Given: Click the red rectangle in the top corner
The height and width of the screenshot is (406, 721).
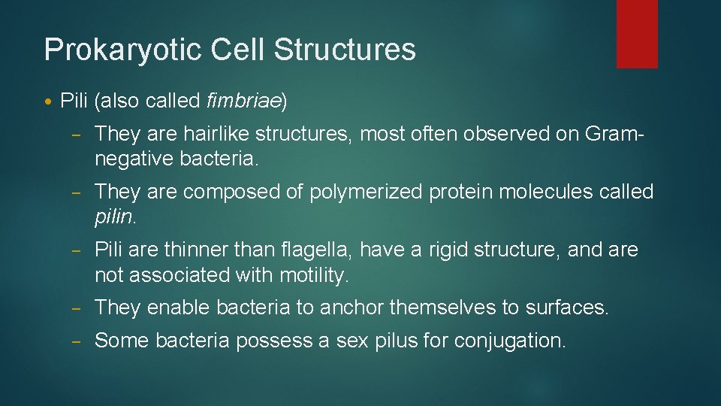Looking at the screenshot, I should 637,33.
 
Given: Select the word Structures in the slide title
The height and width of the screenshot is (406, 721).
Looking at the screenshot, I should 345,50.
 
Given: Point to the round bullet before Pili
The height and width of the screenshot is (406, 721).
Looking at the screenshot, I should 50,101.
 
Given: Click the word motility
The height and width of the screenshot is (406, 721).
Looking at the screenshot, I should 313,275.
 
